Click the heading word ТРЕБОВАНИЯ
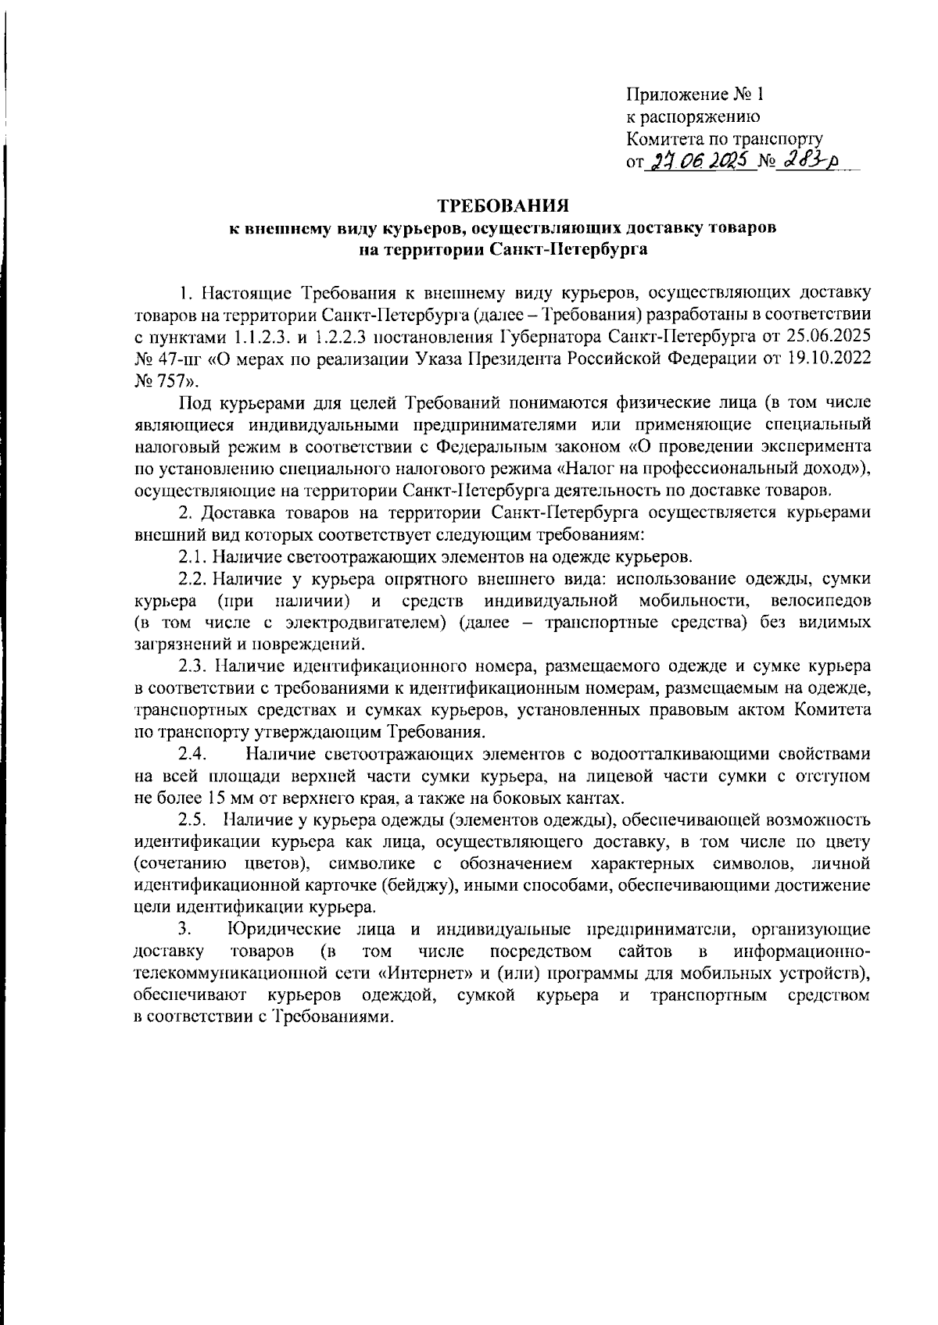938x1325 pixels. click(500, 206)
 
